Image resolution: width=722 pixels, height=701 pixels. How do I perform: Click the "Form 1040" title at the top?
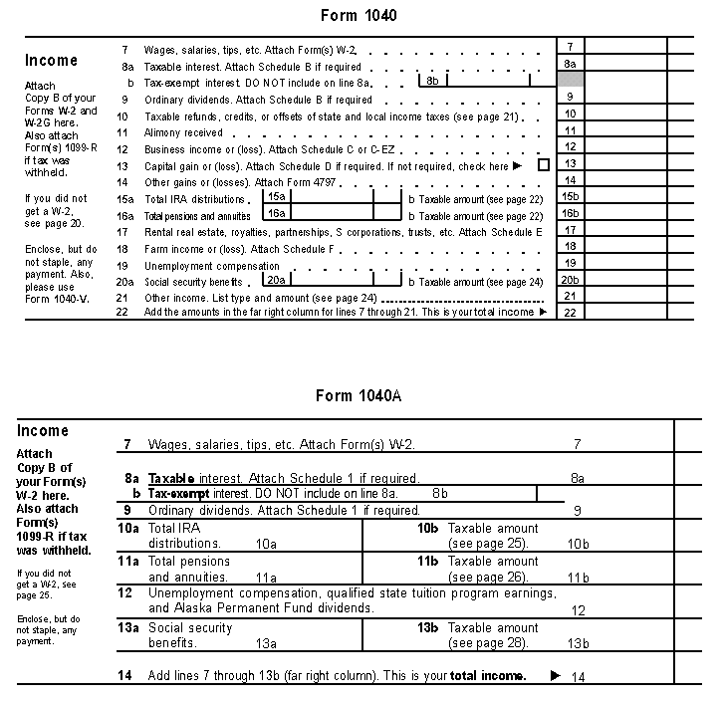tap(359, 16)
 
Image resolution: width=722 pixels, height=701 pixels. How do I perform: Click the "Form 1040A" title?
tap(359, 395)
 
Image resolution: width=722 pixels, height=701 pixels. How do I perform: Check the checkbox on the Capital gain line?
tap(543, 165)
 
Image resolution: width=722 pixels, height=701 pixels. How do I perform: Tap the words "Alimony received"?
tap(183, 132)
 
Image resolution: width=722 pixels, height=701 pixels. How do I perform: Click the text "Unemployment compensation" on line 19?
tap(212, 266)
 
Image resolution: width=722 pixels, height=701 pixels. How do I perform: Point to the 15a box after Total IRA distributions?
tap(277, 197)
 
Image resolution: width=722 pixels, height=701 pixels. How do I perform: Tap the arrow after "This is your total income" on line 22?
tap(543, 312)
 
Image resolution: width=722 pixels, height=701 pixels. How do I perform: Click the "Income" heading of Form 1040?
tap(51, 61)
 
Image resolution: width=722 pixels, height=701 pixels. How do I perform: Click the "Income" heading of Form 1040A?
tap(43, 431)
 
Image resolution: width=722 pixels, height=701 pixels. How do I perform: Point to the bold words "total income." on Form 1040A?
tap(487, 676)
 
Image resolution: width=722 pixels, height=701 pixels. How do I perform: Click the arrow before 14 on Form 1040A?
tap(555, 676)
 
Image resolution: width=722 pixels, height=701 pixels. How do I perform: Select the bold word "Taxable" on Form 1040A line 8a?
tap(171, 478)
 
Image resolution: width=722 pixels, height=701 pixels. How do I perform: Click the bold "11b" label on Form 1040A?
tap(427, 562)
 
